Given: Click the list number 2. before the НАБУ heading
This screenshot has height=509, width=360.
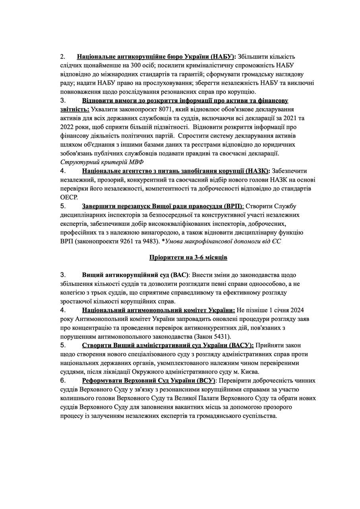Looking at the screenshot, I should pyautogui.click(x=62, y=57).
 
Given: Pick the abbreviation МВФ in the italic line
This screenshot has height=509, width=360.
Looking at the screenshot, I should pyautogui.click(x=136, y=162).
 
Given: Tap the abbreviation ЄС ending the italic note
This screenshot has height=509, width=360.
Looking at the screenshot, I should pyautogui.click(x=276, y=241).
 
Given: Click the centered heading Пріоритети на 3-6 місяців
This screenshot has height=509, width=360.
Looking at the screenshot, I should pyautogui.click(x=188, y=258).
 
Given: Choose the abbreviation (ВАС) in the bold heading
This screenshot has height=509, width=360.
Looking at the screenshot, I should pyautogui.click(x=180, y=275).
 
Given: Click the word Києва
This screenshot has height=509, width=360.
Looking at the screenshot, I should pyautogui.click(x=249, y=371).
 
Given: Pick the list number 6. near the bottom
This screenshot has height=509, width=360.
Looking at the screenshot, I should pyautogui.click(x=63, y=380).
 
